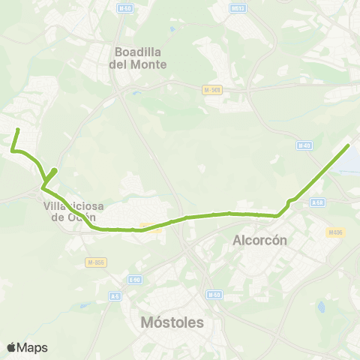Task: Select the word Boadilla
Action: coord(142,52)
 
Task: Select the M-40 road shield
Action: coord(303,145)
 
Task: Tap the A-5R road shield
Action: coord(317,202)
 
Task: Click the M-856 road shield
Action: coord(94,262)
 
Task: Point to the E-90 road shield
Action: coord(134,280)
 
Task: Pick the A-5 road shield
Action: coord(115,296)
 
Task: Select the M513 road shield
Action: coord(238,9)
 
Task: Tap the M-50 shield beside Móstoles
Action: coord(215,295)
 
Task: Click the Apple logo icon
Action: coord(11,347)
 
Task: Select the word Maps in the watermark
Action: coord(32,347)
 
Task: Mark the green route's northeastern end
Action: coord(349,145)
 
